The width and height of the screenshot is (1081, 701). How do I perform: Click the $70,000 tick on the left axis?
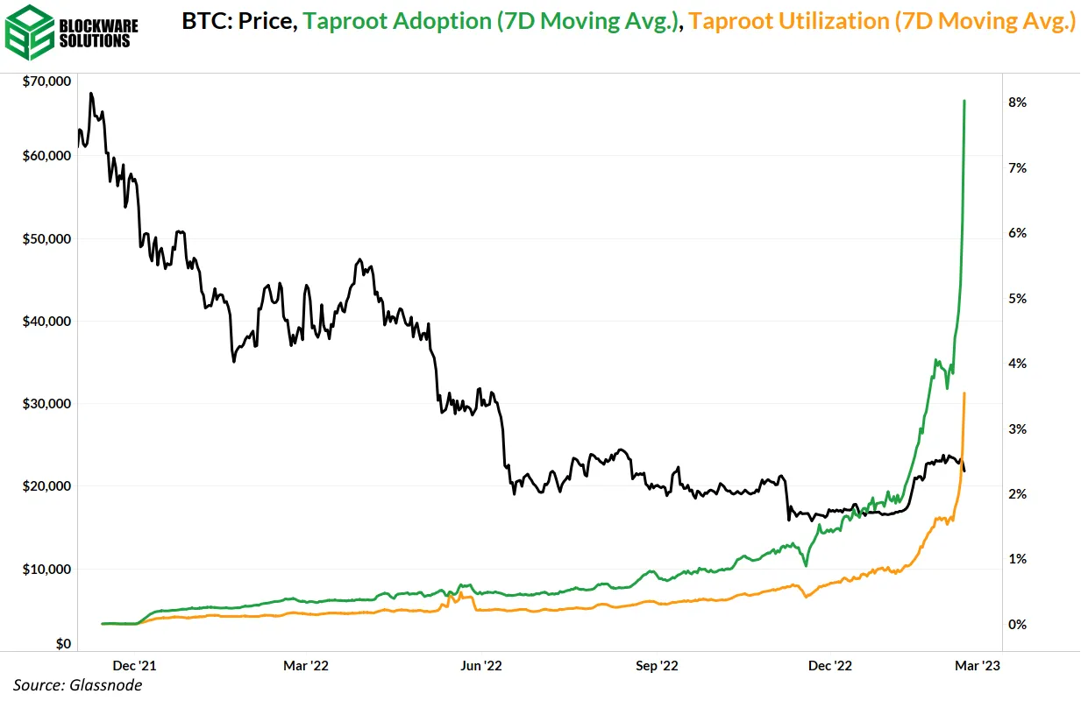tap(46, 81)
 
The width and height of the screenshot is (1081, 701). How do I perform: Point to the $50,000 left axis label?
tap(46, 238)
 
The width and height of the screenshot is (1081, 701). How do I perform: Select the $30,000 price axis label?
tap(46, 403)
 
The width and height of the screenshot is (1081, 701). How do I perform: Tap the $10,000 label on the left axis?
tap(46, 569)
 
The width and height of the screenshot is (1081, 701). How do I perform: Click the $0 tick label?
tap(62, 644)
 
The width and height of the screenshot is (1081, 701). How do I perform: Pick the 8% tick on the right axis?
tap(1018, 103)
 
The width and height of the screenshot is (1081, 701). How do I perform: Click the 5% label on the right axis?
tap(1018, 298)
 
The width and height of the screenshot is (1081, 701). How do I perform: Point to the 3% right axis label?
tap(1018, 429)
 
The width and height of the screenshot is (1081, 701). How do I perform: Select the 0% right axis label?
tap(1018, 625)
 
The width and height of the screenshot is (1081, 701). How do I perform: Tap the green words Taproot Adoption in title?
tap(395, 22)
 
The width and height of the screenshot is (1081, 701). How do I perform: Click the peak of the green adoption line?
tap(964, 101)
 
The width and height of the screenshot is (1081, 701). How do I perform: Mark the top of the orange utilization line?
tap(964, 393)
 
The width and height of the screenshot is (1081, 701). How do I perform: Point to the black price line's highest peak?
tap(91, 93)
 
